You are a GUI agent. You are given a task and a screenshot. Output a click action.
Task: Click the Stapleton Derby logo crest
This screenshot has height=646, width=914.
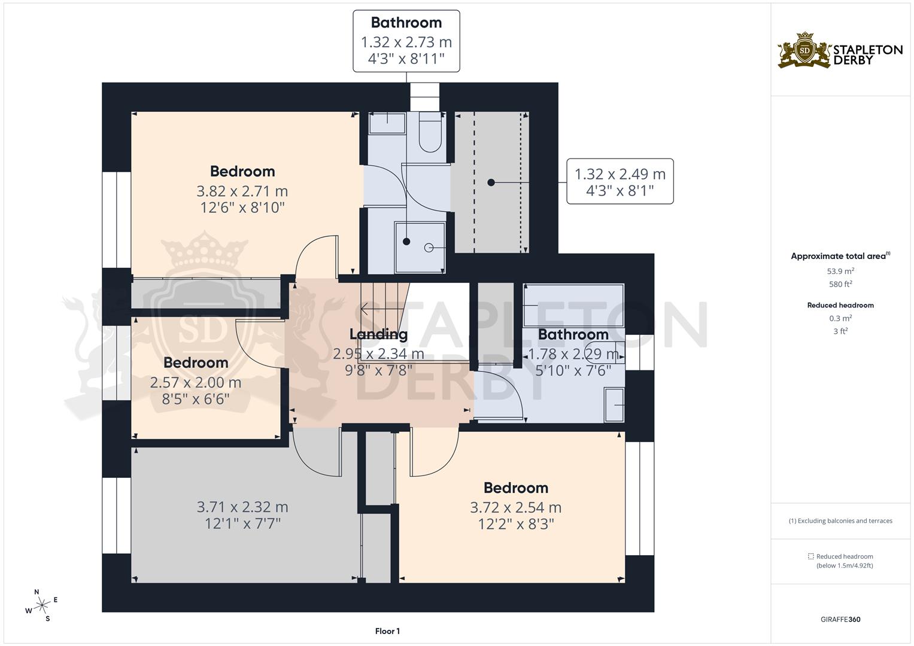pyautogui.click(x=805, y=50)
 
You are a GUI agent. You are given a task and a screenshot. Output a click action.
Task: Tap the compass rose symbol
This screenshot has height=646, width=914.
pyautogui.click(x=41, y=605)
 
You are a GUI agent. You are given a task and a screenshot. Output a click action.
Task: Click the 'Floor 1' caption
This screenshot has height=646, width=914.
pyautogui.click(x=387, y=631)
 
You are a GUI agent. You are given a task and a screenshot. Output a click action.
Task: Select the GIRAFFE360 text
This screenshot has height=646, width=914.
pyautogui.click(x=840, y=619)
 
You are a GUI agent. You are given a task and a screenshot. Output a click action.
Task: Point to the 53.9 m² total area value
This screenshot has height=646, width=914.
pyautogui.click(x=840, y=271)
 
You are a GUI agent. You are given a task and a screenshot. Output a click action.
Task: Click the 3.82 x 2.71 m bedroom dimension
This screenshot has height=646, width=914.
pyautogui.click(x=242, y=191)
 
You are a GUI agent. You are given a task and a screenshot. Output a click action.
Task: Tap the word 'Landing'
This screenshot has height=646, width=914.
pyautogui.click(x=378, y=334)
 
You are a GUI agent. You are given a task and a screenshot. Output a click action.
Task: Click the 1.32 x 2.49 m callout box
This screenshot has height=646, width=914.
pyautogui.click(x=620, y=181)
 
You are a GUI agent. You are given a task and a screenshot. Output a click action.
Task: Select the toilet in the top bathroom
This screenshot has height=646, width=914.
pyautogui.click(x=430, y=135)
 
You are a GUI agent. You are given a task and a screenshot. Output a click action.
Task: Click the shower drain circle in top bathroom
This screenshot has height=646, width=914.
pyautogui.click(x=429, y=247)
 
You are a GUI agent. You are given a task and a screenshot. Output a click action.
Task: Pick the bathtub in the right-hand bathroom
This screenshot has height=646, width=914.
pyautogui.click(x=573, y=305)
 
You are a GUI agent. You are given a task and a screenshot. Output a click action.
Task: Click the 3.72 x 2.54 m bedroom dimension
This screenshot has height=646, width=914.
pyautogui.click(x=515, y=508)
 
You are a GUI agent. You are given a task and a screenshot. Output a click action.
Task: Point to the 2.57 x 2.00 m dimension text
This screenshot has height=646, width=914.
pyautogui.click(x=196, y=382)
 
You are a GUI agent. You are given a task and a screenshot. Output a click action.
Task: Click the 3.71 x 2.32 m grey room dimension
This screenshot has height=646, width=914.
pyautogui.click(x=242, y=507)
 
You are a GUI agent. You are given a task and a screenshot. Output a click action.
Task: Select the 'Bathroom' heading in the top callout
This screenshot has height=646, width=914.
pyautogui.click(x=406, y=23)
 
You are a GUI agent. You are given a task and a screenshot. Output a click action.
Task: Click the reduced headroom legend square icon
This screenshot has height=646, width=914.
pyautogui.click(x=811, y=556)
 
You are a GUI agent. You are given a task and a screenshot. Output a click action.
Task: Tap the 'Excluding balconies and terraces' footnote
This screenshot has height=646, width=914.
pyautogui.click(x=840, y=521)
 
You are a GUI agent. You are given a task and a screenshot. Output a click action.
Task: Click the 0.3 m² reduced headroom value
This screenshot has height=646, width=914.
pyautogui.click(x=840, y=318)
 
